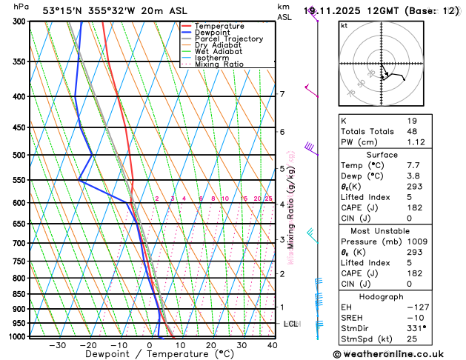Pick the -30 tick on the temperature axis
(57, 345)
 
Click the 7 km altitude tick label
(282, 94)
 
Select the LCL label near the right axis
(290, 324)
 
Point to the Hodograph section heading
(382, 296)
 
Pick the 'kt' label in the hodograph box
(344, 25)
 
